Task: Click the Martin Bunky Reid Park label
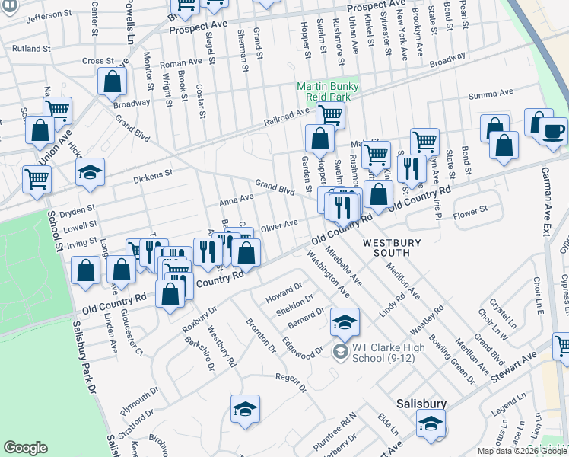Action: coord(327,91)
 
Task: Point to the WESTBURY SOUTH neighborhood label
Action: coord(392,249)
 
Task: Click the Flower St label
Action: coord(469,211)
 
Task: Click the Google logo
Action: coord(25,448)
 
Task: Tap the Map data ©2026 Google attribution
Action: coord(522,451)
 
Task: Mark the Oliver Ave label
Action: coord(278,225)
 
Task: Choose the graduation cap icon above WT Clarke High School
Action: coord(345,321)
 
